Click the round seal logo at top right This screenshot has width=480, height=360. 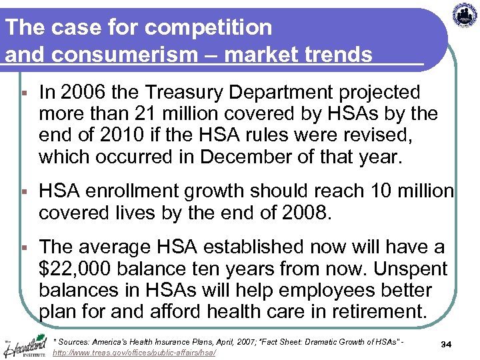pyautogui.click(x=465, y=15)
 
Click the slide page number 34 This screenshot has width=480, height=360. pyautogui.click(x=447, y=344)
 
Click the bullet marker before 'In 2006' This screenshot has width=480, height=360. pyautogui.click(x=23, y=93)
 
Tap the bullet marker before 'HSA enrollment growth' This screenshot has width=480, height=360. pyautogui.click(x=23, y=192)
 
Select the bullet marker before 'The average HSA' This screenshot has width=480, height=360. pyautogui.click(x=23, y=248)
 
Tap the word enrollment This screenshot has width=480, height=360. pyautogui.click(x=133, y=191)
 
